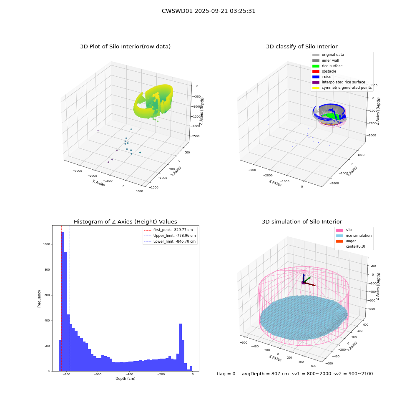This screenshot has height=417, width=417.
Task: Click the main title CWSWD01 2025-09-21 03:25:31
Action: pos(208,11)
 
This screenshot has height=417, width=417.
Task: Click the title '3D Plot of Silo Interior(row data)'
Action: pos(125,47)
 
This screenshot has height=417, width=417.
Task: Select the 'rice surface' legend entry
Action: pos(327,66)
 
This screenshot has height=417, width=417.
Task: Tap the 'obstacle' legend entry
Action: pos(324,71)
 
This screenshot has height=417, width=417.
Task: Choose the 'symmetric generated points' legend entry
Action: pos(342,88)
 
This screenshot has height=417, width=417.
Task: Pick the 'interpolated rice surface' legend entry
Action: pos(339,82)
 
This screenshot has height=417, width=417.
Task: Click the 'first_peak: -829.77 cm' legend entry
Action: pos(168,230)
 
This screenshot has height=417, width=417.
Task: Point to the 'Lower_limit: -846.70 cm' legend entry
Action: pos(170,241)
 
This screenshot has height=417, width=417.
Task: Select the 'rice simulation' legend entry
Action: pos(354,236)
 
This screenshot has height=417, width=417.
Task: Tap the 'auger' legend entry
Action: pos(346,241)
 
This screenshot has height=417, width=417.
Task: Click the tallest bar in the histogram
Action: pos(63,301)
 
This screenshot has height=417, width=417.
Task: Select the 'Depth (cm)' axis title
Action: pos(125,379)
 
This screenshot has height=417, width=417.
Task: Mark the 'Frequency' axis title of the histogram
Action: pos(39,299)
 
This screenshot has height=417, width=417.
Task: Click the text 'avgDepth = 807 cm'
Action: pos(265,374)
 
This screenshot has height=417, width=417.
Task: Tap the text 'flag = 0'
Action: pos(226,374)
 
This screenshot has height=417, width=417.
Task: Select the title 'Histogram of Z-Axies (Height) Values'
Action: pos(125,222)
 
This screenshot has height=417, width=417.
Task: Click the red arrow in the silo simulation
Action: pos(310,284)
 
